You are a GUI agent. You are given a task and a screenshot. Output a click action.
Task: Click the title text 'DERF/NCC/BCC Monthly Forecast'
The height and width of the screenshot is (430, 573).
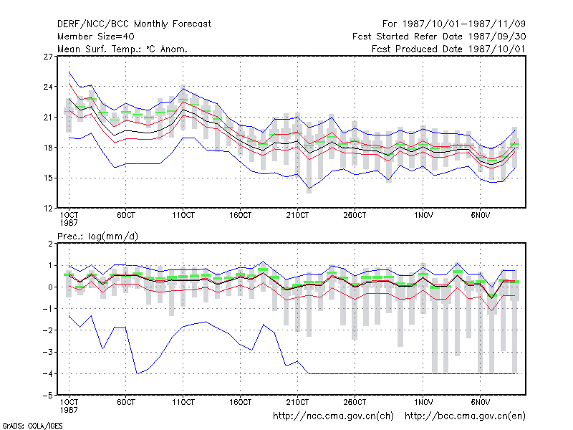click(134, 24)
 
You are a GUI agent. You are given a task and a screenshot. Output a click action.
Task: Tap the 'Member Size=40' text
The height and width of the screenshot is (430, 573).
click(96, 37)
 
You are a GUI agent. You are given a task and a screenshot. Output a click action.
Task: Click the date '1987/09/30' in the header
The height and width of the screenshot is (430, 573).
click(497, 37)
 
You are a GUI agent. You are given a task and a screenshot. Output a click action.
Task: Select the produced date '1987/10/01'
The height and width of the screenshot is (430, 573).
click(497, 49)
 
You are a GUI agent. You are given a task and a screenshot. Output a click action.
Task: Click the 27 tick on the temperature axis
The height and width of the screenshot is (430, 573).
click(48, 57)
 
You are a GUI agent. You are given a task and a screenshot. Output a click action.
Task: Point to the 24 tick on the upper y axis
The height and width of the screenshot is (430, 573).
click(48, 87)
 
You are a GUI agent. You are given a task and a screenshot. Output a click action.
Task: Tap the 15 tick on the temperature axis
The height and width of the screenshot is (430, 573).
click(48, 178)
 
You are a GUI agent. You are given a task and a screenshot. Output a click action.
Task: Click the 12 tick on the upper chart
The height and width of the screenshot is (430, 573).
click(48, 209)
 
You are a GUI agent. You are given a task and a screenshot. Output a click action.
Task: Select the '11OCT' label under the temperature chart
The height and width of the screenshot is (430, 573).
click(183, 216)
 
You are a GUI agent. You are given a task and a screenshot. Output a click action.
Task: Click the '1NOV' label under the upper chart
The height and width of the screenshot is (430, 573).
click(423, 216)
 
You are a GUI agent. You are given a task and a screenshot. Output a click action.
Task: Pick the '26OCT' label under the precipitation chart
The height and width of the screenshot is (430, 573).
click(355, 402)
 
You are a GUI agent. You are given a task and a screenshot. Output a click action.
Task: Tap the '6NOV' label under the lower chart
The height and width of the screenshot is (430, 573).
click(480, 402)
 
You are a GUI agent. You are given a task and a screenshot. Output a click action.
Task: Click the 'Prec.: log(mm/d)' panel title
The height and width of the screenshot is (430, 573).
click(97, 236)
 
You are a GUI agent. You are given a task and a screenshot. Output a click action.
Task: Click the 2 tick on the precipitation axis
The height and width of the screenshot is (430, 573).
click(50, 244)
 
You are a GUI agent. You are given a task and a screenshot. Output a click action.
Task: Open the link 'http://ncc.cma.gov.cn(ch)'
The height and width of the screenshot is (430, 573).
click(333, 416)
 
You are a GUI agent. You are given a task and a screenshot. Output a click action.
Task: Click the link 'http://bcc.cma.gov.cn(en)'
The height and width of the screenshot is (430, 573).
click(465, 416)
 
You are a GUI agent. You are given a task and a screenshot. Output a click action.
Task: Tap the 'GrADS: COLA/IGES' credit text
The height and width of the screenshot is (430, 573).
click(32, 426)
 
